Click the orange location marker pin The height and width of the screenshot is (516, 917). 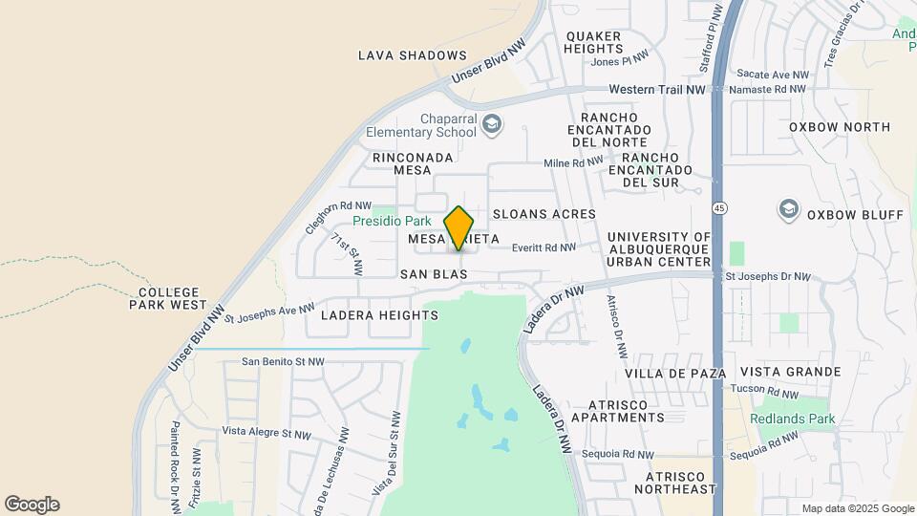[459, 227]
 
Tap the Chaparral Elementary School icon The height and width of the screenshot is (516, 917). [491, 124]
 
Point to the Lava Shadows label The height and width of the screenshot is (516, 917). [413, 55]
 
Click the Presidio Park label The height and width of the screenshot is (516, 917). [392, 221]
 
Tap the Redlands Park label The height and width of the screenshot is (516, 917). [792, 419]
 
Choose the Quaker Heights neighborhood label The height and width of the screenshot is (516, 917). [593, 42]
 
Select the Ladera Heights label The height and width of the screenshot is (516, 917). [366, 314]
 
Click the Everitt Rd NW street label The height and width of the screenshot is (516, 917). [544, 247]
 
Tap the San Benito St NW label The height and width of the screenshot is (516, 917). [283, 361]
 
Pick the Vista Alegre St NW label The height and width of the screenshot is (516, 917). [267, 433]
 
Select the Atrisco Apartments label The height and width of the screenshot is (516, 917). [613, 411]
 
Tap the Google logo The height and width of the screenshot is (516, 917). [32, 505]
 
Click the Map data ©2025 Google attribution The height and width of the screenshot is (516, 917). [857, 508]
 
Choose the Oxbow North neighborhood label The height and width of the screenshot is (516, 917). [839, 127]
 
